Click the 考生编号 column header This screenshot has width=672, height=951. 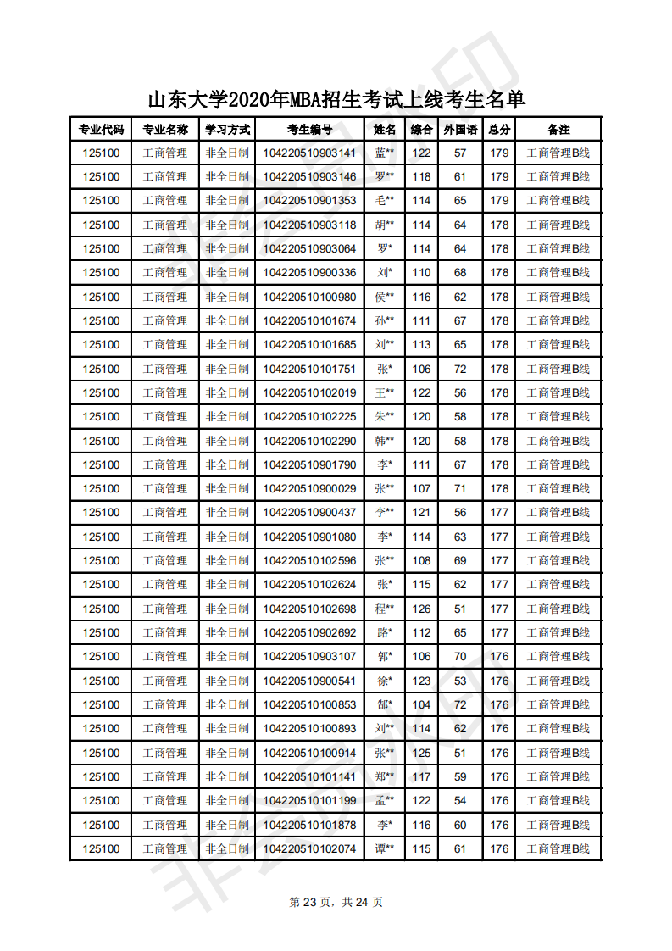point(309,130)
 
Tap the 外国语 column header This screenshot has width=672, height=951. point(460,130)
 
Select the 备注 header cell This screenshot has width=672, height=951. point(558,130)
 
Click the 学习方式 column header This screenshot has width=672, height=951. point(227,130)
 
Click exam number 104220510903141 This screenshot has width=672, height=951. point(309,153)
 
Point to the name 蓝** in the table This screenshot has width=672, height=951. point(385,153)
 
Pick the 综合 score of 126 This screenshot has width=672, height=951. point(421,609)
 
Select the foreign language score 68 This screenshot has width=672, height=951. point(460,273)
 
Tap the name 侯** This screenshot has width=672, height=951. point(385,297)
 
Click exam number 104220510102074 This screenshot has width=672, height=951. point(309,849)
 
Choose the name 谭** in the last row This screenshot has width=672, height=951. point(385,849)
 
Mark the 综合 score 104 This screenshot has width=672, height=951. point(421,705)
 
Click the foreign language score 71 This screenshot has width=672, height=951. point(460,489)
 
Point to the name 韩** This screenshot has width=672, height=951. point(385,442)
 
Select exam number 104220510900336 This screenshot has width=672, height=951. point(309,273)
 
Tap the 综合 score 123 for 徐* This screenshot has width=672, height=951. point(421,681)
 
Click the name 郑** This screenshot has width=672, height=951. point(385,777)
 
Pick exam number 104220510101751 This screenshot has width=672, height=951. point(309,369)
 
